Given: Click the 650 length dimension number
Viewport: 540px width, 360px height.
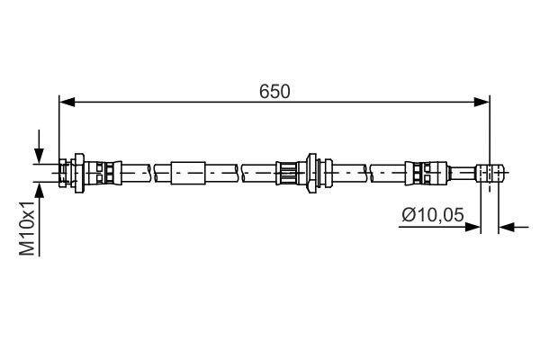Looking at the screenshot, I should coord(274,92).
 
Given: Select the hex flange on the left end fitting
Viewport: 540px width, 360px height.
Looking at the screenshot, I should coord(80,170).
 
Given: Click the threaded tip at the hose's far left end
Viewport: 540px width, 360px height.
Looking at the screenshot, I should coord(64,170).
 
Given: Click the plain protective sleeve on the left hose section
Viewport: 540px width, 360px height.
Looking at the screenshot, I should coord(189,170).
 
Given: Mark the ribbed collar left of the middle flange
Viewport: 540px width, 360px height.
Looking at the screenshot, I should coord(290,170).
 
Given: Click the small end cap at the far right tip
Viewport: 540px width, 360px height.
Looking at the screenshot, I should coord(490,170).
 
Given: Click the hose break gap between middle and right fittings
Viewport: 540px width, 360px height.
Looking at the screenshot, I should coord(369,170).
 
